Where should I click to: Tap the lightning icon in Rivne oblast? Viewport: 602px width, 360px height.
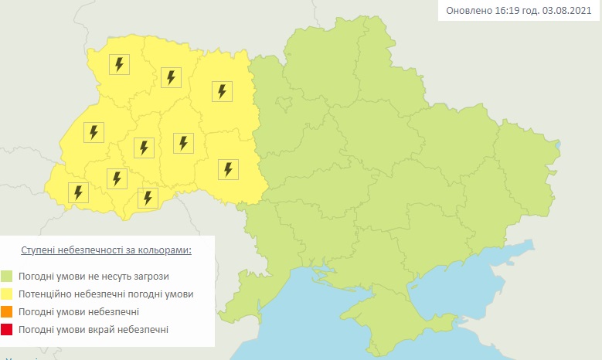pos(171,77)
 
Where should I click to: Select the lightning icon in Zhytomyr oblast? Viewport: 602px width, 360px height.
pos(222,92)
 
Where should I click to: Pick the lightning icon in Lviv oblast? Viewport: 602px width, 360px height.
pos(94,132)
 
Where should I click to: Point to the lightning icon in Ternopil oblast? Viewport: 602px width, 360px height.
pos(143,147)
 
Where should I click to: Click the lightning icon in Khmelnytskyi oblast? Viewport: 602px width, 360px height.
pos(182,143)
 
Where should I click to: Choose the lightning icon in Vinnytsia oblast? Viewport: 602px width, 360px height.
pos(227,169)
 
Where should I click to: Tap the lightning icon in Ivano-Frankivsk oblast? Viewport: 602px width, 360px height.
pos(117,178)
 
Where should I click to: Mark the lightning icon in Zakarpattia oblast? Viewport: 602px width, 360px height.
pos(77,192)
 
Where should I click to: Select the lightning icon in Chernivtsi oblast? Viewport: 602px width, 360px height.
pos(147,197)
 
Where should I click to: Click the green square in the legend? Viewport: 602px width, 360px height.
pos(7,276)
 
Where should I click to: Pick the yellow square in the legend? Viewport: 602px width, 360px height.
pos(7,294)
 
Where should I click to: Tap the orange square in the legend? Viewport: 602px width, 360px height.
pos(7,312)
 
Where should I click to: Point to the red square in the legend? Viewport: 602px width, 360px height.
pos(7,330)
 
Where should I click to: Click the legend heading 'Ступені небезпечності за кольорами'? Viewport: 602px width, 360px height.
pos(105,251)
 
